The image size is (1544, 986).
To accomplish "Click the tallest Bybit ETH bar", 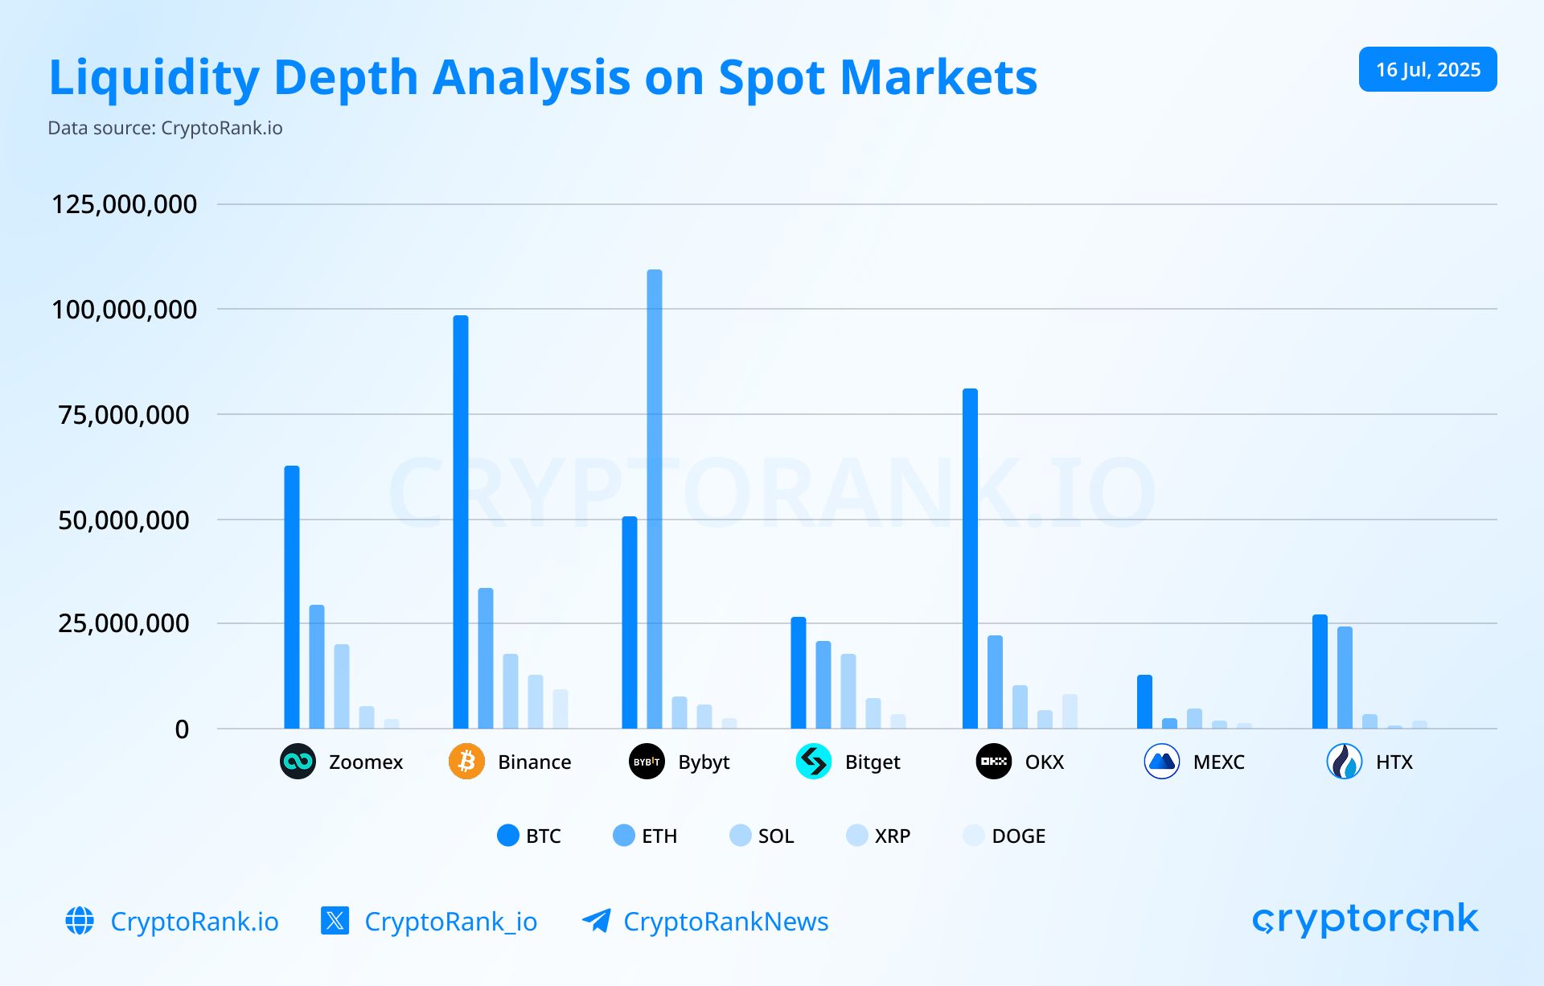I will (x=655, y=499).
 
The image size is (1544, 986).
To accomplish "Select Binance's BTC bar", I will (x=461, y=523).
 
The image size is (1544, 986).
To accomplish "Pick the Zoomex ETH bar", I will (x=317, y=668).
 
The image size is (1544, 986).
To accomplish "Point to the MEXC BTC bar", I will (x=1144, y=702).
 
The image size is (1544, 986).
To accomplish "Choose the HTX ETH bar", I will (x=1345, y=678).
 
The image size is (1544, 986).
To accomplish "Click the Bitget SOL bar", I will (x=848, y=692).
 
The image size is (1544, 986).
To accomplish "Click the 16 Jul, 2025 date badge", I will (x=1427, y=70).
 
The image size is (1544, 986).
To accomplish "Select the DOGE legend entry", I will (x=1004, y=836).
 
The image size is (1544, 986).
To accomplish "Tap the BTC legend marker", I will (x=508, y=836).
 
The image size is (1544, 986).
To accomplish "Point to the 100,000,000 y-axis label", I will (x=125, y=310).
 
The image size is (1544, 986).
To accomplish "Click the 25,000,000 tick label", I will (x=125, y=623).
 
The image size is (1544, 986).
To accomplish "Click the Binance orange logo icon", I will (x=466, y=762).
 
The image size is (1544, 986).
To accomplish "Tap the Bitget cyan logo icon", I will (x=814, y=762).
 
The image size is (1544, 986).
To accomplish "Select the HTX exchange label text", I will (x=1394, y=762).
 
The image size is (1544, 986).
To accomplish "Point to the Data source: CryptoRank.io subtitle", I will (x=166, y=128).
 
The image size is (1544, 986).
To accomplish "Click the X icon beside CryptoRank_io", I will (x=335, y=920).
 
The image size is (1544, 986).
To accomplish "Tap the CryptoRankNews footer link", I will (x=725, y=922).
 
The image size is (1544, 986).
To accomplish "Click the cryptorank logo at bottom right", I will (x=1365, y=919).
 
